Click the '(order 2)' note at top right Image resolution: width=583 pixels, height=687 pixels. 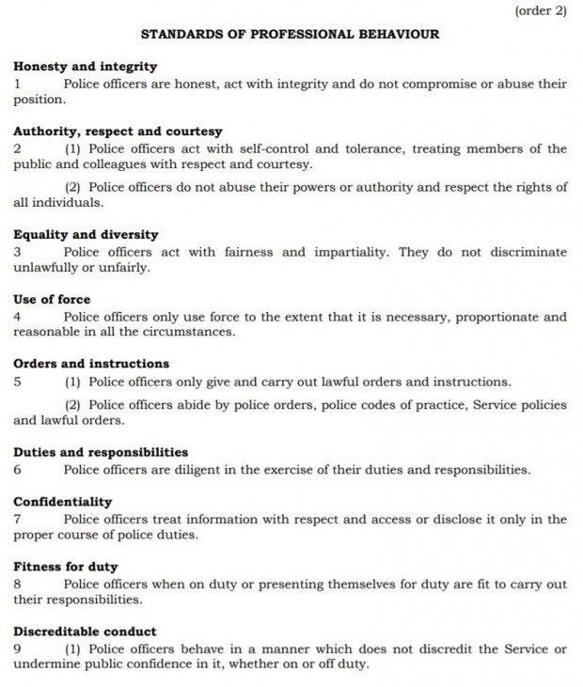pyautogui.click(x=541, y=11)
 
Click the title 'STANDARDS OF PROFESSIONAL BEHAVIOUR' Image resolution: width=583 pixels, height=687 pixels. pyautogui.click(x=290, y=34)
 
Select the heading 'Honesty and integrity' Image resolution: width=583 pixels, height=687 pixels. pyautogui.click(x=86, y=67)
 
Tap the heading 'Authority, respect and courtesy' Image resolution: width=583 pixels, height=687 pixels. pyautogui.click(x=118, y=132)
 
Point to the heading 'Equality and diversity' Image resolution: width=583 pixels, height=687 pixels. pyautogui.click(x=86, y=235)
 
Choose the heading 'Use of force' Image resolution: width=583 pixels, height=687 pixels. pyautogui.click(x=52, y=300)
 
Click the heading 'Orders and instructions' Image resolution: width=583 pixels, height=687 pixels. pyautogui.click(x=91, y=364)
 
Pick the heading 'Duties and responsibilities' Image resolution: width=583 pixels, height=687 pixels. pyautogui.click(x=101, y=452)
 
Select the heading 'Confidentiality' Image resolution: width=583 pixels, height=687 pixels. pyautogui.click(x=62, y=502)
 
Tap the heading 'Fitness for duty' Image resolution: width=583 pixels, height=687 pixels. pyautogui.click(x=66, y=567)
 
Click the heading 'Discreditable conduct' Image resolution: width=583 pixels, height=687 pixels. pyautogui.click(x=85, y=632)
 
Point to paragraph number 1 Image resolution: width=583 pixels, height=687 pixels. pyautogui.click(x=17, y=84)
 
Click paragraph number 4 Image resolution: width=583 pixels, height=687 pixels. pyautogui.click(x=17, y=317)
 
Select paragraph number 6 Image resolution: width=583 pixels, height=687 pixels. pyautogui.click(x=17, y=469)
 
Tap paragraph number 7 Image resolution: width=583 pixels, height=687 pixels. pyautogui.click(x=17, y=519)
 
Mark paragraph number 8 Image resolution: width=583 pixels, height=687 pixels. pyautogui.click(x=17, y=584)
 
